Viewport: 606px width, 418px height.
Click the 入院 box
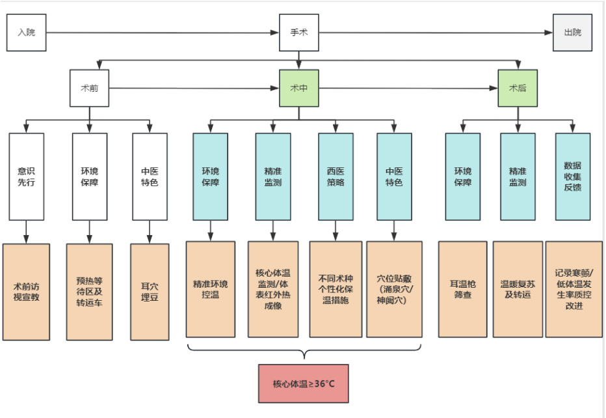[x=26, y=33]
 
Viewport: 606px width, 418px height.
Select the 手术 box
[x=299, y=33]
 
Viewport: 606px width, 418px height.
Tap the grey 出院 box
[x=572, y=33]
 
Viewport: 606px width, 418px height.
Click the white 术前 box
[x=90, y=88]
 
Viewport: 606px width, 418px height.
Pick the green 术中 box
[x=299, y=88]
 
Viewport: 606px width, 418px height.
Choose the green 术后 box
[x=518, y=88]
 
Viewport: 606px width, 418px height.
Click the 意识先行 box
[x=27, y=176]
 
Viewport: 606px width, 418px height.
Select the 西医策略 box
[x=336, y=176]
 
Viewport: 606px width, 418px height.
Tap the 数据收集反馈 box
[x=573, y=176]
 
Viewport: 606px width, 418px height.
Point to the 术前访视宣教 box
[x=26, y=291]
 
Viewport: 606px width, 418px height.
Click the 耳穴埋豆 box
[x=150, y=291]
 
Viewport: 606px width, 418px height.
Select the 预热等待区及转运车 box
[x=90, y=291]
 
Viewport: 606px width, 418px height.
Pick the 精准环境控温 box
[x=211, y=288]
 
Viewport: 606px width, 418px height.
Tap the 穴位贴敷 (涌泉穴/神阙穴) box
[x=395, y=288]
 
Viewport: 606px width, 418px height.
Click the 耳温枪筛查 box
[x=462, y=288]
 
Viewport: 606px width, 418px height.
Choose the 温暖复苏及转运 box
[x=517, y=288]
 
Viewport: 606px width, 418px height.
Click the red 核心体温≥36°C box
[x=304, y=383]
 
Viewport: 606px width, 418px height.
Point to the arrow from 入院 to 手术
[x=163, y=33]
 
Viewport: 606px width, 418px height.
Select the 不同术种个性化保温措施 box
[x=336, y=288]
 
